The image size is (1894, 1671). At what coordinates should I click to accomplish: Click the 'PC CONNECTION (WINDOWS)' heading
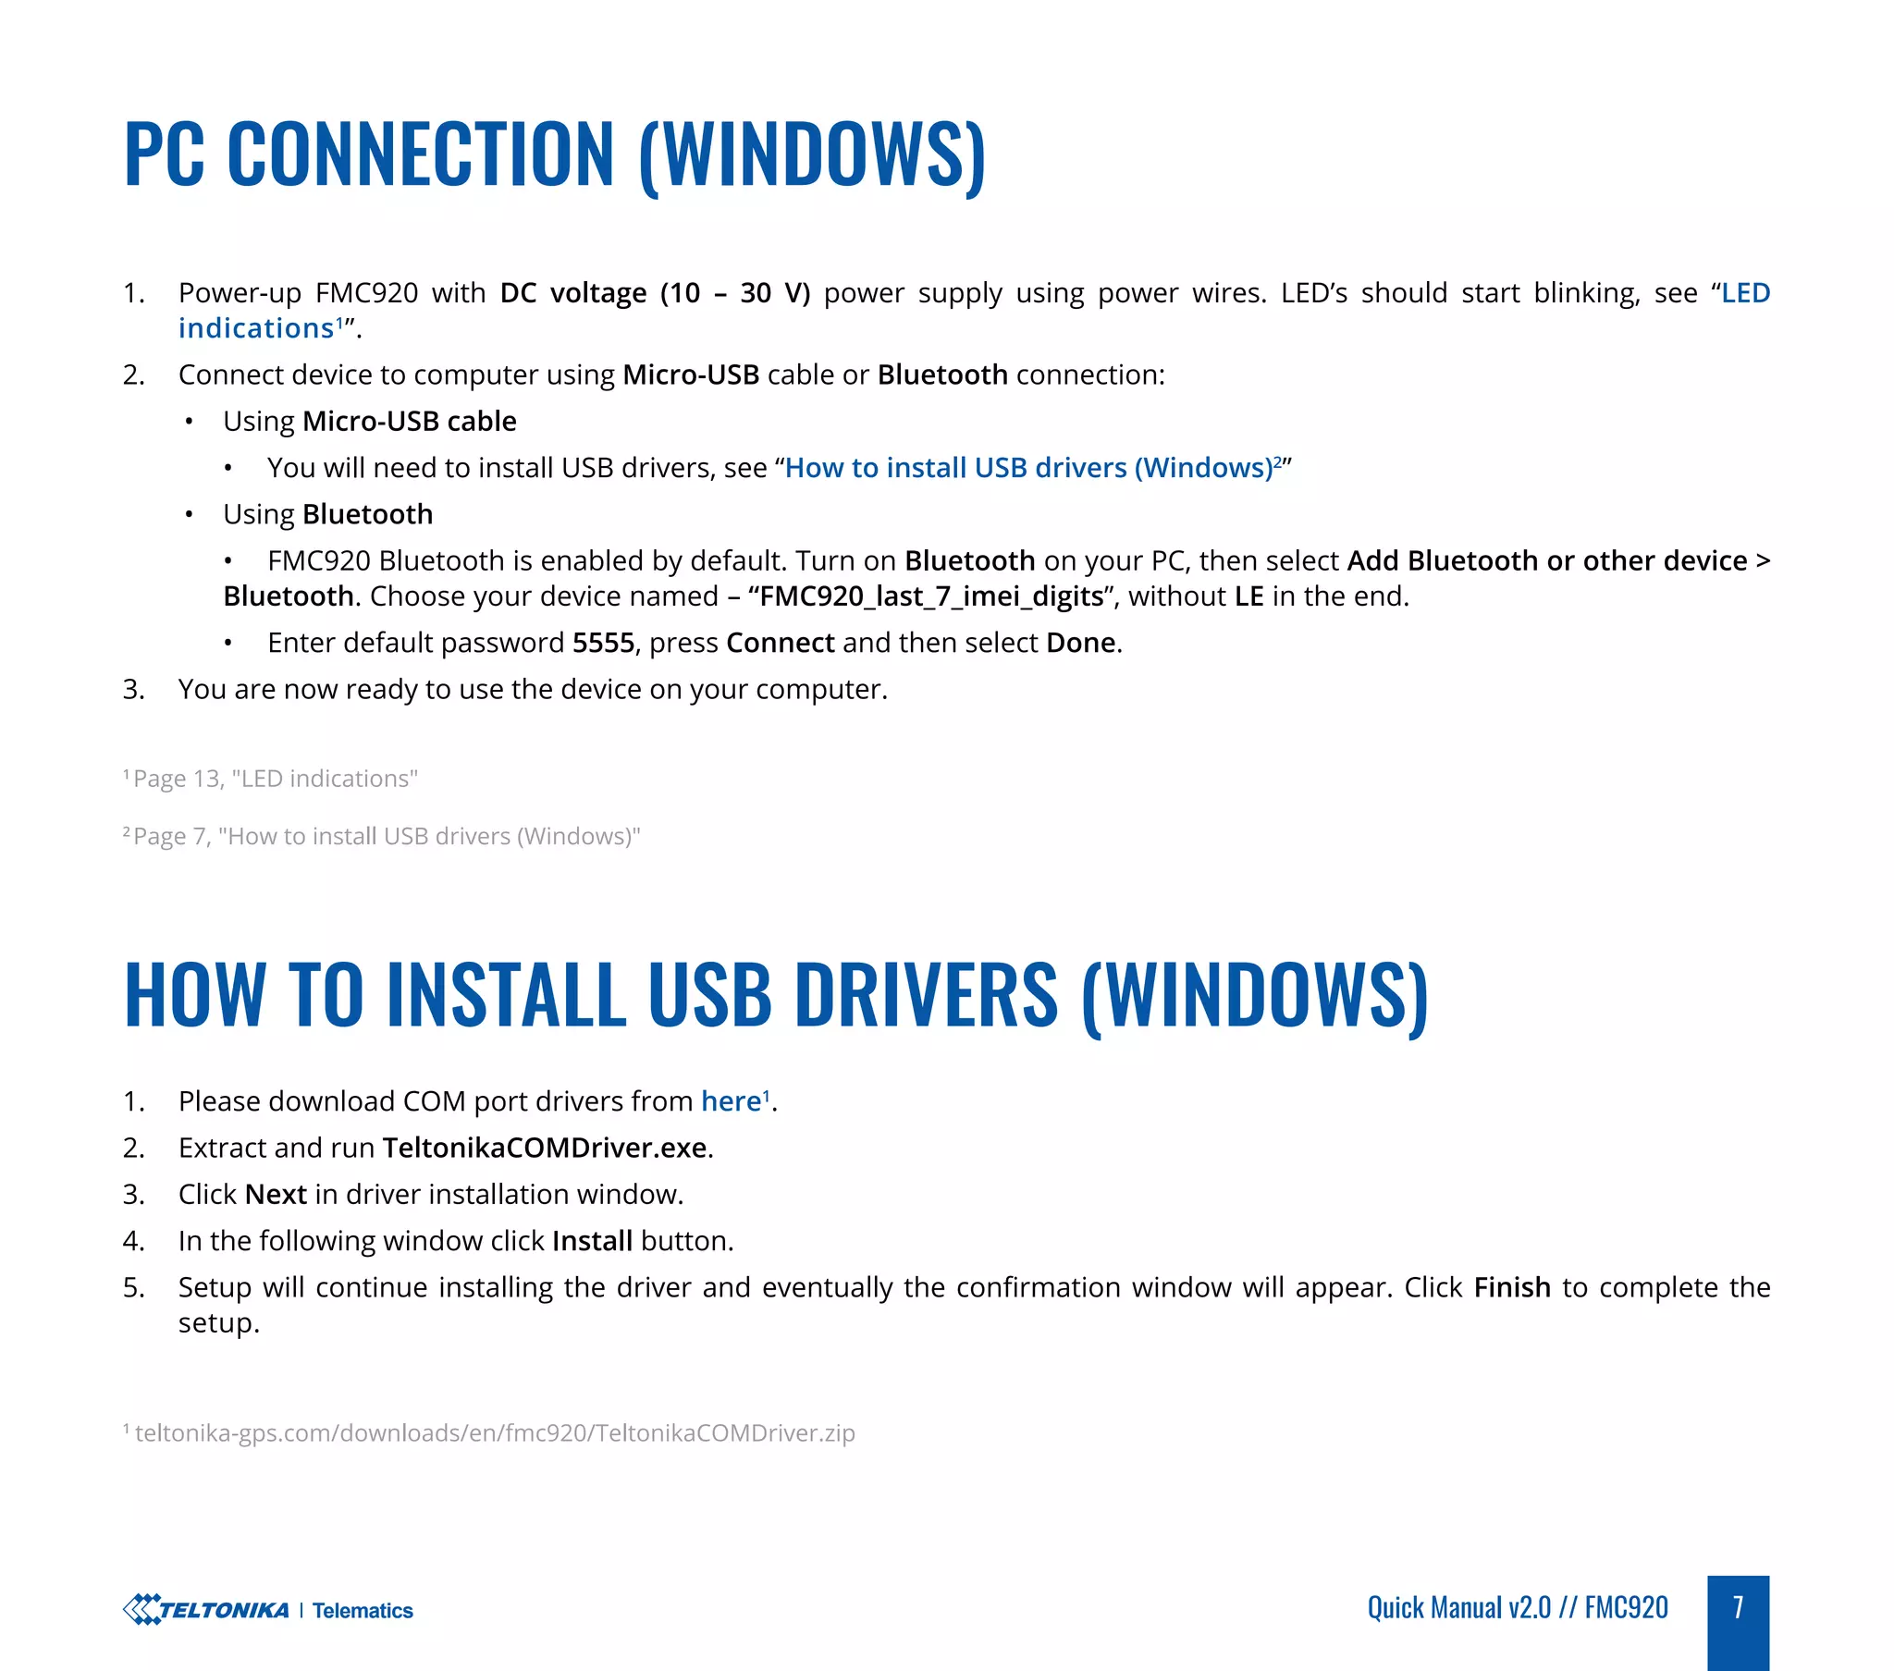[554, 154]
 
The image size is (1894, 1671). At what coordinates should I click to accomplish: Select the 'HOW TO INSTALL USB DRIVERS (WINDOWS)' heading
[776, 994]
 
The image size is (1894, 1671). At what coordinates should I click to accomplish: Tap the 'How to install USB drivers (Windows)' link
[1028, 468]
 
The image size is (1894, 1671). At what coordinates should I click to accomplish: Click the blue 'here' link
[731, 1101]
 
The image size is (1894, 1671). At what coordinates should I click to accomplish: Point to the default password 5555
[603, 644]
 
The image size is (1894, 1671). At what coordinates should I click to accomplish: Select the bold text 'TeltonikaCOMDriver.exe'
[545, 1148]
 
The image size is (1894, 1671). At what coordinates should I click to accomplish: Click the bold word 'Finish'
[1511, 1287]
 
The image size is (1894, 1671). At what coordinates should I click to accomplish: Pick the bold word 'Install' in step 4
[592, 1241]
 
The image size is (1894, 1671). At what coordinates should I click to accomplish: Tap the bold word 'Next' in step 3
[276, 1195]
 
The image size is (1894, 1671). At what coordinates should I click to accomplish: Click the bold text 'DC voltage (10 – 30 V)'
[654, 293]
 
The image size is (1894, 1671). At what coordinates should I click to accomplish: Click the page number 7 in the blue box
[1738, 1607]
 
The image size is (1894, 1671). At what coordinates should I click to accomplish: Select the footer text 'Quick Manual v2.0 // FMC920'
[1517, 1607]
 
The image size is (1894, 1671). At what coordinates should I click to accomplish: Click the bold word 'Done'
[1080, 644]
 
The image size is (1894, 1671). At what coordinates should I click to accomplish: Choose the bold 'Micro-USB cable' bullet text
[409, 422]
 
